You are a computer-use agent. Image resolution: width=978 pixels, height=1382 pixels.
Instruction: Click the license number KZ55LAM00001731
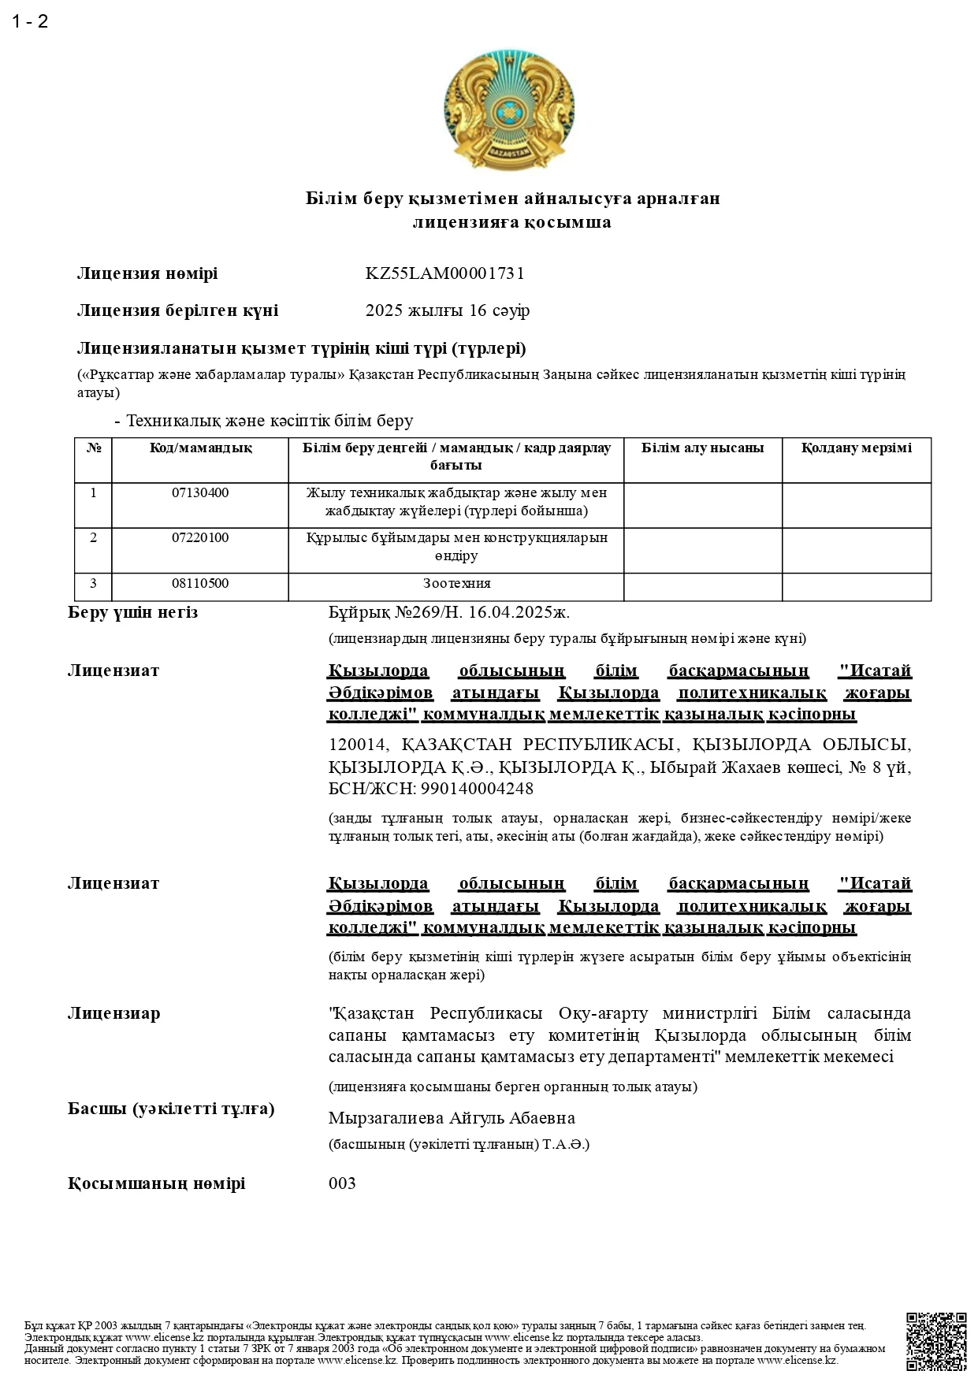tap(444, 273)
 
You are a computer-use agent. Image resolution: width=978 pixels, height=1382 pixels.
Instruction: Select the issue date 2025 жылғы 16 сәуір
tap(447, 310)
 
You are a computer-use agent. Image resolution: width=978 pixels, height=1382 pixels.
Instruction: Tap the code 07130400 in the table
tap(200, 493)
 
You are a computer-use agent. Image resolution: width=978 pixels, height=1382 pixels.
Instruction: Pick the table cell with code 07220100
tap(200, 538)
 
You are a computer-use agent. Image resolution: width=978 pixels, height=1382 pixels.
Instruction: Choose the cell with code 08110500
tap(200, 584)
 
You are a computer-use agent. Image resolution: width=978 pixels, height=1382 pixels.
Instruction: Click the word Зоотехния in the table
tap(456, 584)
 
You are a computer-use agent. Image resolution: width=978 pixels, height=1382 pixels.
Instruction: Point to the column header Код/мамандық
tap(200, 448)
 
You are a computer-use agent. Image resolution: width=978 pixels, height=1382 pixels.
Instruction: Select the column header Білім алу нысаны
tap(702, 448)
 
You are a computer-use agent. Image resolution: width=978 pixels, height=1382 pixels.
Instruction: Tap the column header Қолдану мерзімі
tap(856, 448)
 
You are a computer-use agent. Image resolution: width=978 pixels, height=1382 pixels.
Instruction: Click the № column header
tap(94, 448)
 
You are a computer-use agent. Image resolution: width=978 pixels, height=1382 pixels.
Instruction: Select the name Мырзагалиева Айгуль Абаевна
tap(452, 1118)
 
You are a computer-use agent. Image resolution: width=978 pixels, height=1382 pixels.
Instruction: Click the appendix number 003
tap(342, 1183)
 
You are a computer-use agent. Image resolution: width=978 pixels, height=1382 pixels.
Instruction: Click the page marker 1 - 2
tap(30, 21)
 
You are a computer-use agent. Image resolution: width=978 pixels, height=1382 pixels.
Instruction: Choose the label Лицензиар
tap(113, 1013)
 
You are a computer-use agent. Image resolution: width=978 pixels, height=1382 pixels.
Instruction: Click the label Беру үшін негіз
tap(132, 613)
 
